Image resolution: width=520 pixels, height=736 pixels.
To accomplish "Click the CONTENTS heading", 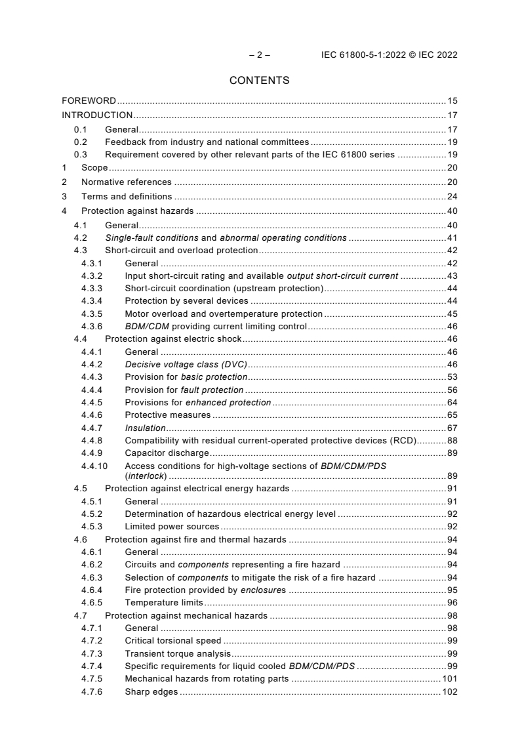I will point(260,81).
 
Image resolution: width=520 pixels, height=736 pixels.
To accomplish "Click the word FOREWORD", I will point(89,101).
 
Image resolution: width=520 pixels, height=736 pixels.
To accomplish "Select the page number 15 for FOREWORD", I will point(452,101).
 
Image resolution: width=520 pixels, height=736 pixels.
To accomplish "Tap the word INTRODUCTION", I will point(96,115).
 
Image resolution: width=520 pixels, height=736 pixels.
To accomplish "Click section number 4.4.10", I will point(94,466).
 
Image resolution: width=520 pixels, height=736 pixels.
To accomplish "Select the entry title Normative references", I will point(126,182).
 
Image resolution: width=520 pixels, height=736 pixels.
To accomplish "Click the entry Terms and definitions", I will point(127,196).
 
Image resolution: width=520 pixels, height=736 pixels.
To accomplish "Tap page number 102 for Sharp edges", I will point(450,692).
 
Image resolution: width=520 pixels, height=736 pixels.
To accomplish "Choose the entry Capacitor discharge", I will point(167,453).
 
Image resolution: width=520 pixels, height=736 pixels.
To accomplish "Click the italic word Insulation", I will point(145,428).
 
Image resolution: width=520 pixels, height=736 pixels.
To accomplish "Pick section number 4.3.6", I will point(92,326).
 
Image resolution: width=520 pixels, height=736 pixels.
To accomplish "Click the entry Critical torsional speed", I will point(172,640).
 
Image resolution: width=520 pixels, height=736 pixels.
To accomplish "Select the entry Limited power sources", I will point(172,526).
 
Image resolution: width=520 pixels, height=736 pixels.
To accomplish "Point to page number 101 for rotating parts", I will point(450,679).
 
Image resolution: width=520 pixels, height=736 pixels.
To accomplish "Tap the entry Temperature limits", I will point(164,602).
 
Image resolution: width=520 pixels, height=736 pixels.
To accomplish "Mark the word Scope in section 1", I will point(94,168).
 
